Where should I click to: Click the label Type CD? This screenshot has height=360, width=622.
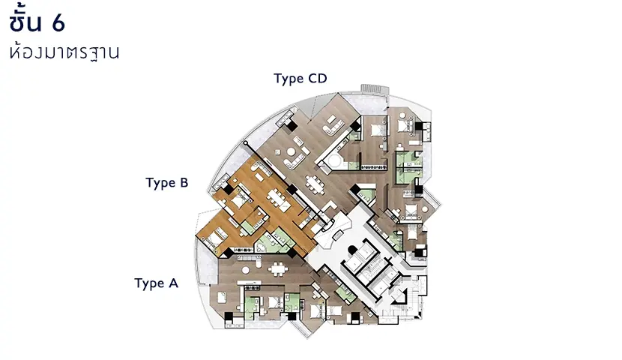(x=301, y=79)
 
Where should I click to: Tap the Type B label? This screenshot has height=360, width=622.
(x=166, y=182)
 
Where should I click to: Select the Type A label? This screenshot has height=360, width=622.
(x=157, y=283)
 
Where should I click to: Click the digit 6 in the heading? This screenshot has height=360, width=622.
(x=58, y=23)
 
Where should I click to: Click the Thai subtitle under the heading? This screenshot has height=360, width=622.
(x=64, y=52)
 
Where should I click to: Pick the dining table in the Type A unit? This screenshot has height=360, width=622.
(x=278, y=269)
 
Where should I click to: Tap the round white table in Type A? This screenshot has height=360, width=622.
(x=246, y=270)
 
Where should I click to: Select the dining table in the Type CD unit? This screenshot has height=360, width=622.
(x=315, y=184)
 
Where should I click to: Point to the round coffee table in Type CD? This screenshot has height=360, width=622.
(x=292, y=151)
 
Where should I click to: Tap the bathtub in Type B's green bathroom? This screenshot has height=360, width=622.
(x=262, y=247)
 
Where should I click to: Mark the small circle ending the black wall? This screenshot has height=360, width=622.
(x=246, y=143)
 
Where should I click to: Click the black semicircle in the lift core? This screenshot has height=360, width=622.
(x=352, y=250)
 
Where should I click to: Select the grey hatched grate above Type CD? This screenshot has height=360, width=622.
(x=374, y=89)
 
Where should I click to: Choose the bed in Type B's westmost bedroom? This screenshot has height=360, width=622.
(x=214, y=238)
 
